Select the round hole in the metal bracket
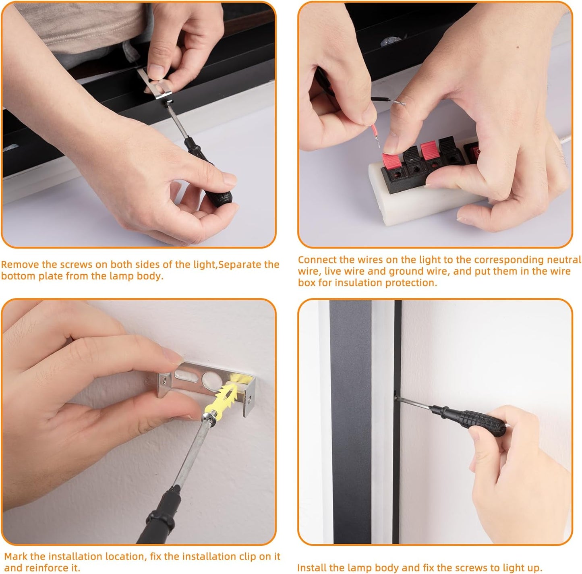pos(211,380)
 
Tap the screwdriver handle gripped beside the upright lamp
pos(468,417)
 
